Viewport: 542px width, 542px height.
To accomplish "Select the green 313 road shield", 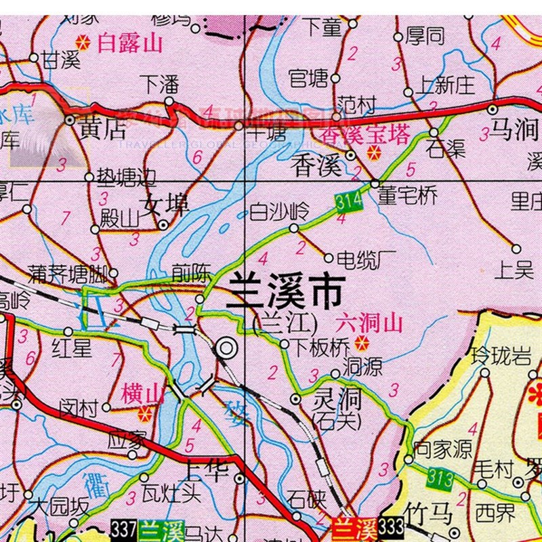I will [x=440, y=478].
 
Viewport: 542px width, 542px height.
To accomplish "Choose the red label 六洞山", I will [x=369, y=322].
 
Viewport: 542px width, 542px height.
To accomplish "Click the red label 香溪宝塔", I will [x=366, y=136].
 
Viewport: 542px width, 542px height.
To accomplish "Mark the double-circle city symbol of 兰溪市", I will [x=227, y=349].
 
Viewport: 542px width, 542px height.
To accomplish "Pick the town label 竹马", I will [x=428, y=514].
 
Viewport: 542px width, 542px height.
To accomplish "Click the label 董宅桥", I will [x=408, y=196].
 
